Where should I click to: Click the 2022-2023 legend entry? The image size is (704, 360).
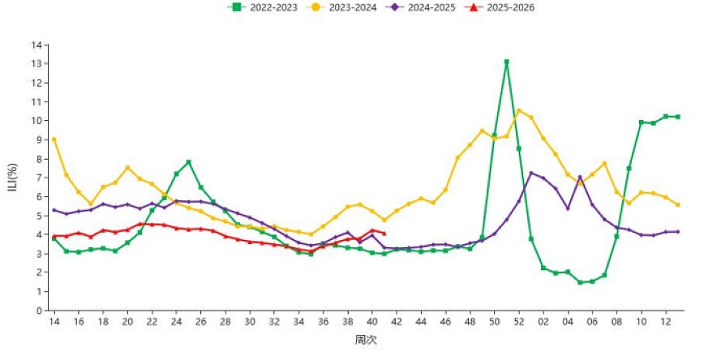[263, 7]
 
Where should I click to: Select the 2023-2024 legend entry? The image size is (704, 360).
[341, 7]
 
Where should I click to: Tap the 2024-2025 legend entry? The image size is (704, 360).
[420, 7]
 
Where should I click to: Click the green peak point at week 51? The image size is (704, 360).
[506, 62]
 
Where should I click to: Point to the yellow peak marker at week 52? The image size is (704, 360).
[519, 110]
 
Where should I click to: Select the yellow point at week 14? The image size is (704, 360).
[54, 139]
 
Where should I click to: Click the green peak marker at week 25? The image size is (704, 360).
[188, 162]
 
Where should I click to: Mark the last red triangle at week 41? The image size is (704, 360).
[384, 233]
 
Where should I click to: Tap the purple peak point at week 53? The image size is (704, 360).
[531, 173]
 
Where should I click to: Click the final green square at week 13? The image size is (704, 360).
[677, 117]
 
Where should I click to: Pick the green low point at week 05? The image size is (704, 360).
[580, 282]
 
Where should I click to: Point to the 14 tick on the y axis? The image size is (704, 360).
[36, 45]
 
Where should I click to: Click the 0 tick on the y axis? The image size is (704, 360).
[40, 311]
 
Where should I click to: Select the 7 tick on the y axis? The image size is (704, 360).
[40, 178]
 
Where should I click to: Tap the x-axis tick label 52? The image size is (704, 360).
[519, 322]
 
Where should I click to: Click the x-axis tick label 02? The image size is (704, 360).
[543, 322]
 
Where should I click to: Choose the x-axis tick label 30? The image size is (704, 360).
[250, 322]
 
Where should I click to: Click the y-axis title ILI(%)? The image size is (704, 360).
[13, 178]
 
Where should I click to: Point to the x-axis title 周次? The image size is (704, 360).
[366, 340]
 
